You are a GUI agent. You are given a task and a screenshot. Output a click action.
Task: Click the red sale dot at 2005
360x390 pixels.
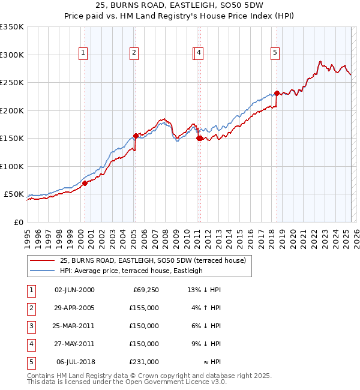point(136,136)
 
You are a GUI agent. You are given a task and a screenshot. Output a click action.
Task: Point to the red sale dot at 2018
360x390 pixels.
point(277,93)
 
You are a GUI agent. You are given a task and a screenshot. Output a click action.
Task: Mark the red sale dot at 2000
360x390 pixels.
point(85,184)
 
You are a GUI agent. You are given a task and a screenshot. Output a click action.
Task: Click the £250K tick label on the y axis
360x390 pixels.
point(11,83)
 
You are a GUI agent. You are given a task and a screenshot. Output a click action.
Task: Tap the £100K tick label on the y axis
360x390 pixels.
point(11,166)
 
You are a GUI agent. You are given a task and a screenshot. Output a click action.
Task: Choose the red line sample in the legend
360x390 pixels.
point(42,260)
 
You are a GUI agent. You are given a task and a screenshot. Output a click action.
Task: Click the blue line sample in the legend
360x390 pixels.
point(42,271)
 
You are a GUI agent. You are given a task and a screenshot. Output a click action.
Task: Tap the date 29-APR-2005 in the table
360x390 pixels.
point(74,307)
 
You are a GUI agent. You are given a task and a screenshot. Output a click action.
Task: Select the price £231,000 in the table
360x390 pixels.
point(144,362)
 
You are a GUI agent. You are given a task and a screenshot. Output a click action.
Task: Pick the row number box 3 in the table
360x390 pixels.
point(30,326)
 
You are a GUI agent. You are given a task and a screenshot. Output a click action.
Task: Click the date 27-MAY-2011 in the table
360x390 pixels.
point(74,344)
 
